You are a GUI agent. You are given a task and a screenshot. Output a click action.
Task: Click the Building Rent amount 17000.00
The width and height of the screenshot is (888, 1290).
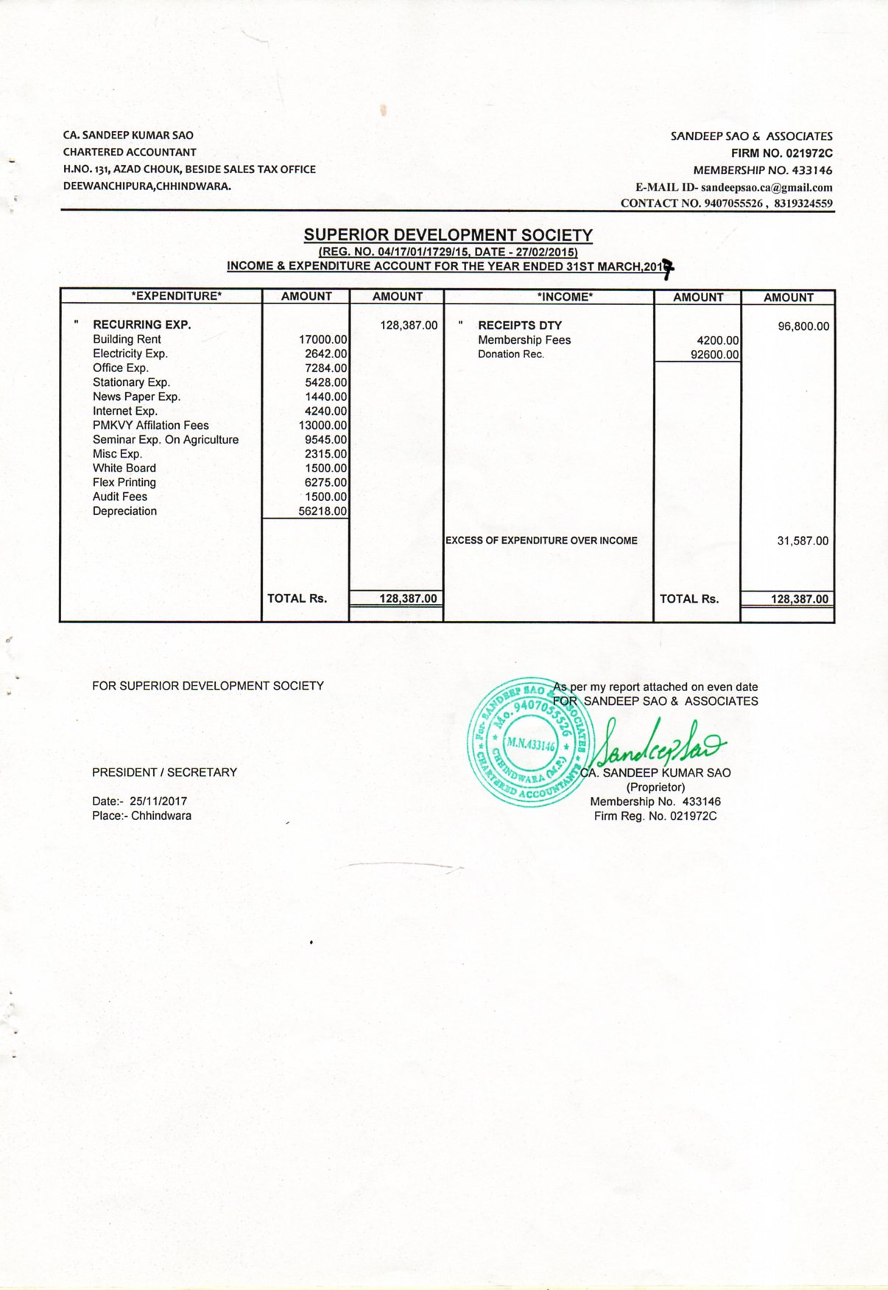323,340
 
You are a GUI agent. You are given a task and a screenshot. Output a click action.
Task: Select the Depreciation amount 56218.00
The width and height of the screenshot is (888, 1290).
323,511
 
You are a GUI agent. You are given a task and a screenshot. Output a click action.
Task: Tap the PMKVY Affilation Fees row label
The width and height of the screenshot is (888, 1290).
150,425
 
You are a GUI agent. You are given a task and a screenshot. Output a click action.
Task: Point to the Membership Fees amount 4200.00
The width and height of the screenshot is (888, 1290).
717,340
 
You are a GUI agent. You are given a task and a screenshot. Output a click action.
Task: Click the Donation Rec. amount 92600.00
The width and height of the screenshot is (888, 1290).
714,354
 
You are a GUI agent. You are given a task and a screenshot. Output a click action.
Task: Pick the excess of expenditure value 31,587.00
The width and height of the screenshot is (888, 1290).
803,541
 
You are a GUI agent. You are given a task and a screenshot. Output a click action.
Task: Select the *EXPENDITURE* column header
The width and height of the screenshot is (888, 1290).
177,296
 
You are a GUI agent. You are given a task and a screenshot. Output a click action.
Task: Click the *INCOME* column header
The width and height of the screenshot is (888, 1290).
565,297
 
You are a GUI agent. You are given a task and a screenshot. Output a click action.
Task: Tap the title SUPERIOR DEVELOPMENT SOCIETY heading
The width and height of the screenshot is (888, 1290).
448,235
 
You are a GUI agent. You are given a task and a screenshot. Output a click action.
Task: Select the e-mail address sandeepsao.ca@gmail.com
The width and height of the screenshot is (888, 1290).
767,188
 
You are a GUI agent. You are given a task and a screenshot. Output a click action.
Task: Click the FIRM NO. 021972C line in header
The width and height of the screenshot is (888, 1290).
781,153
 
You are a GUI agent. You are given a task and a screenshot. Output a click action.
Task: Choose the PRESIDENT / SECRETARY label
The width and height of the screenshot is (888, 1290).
164,772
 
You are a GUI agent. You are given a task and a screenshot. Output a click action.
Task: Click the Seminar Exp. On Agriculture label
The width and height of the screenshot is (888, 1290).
166,440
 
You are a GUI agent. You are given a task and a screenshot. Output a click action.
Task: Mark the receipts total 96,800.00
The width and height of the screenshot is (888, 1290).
803,326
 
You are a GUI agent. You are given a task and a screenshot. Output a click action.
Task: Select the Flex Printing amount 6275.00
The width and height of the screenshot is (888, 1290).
325,483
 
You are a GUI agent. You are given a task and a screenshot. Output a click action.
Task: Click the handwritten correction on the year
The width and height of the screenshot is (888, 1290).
667,268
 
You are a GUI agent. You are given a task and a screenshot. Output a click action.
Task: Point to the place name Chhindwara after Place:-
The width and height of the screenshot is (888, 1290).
161,816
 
